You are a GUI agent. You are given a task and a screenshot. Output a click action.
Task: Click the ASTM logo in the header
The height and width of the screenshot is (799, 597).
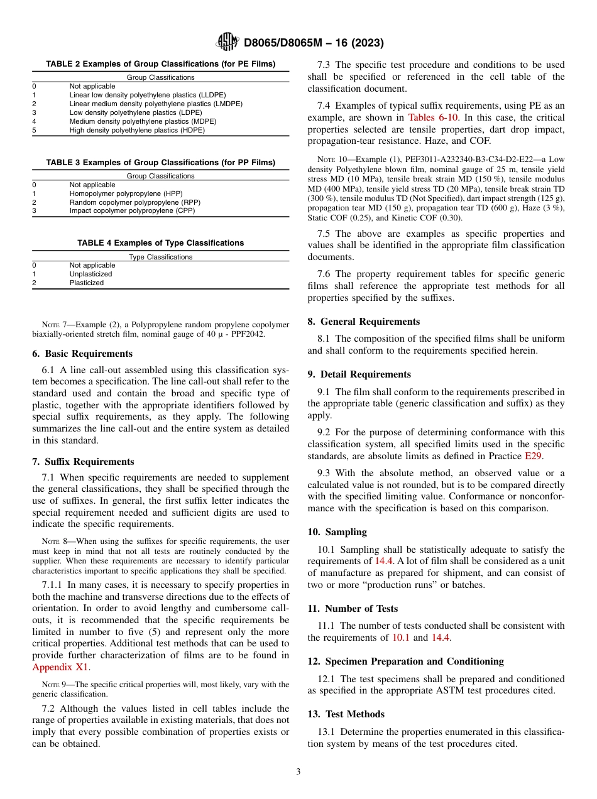point(227,42)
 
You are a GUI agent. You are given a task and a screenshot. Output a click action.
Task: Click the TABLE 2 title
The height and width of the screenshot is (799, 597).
point(160,64)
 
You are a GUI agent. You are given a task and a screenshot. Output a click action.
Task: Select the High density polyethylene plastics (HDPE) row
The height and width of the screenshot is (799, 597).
point(137,131)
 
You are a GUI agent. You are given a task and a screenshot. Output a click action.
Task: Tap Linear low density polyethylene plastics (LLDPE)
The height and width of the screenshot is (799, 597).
point(147,95)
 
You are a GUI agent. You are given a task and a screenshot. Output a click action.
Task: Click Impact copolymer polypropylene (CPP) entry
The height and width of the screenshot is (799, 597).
point(132,211)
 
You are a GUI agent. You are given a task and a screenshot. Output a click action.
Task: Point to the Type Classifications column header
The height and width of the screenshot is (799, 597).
point(160,257)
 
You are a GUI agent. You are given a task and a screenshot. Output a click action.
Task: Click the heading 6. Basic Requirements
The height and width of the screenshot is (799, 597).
point(82,354)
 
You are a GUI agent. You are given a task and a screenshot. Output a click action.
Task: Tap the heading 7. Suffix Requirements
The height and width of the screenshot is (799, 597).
point(83,462)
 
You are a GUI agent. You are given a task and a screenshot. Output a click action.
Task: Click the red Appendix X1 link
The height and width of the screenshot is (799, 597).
point(60,667)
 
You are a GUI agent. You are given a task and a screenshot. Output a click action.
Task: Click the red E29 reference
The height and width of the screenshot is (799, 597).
point(534,456)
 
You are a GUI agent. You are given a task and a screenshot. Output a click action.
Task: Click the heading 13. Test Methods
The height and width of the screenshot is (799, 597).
point(346,714)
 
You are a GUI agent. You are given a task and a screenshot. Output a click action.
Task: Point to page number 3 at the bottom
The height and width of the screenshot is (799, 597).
point(298,772)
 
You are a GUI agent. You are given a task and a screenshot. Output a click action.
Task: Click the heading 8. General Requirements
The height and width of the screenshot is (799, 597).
point(364,322)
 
